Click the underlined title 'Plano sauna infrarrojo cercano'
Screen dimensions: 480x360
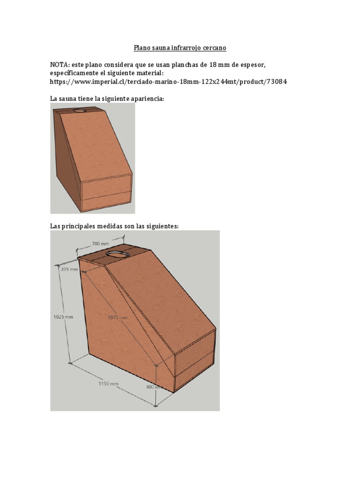coord(180,48)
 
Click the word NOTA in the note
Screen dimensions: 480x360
coord(60,64)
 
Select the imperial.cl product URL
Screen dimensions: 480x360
coord(168,82)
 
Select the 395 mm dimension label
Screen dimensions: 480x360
coord(69,270)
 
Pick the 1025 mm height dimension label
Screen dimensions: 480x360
coord(63,317)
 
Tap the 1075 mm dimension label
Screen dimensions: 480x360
coord(118,317)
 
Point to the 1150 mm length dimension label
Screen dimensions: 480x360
coord(108,383)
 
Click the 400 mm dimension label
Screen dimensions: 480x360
coord(153,387)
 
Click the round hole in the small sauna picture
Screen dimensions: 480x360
coord(80,111)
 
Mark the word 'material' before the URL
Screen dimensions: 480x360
coord(148,73)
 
